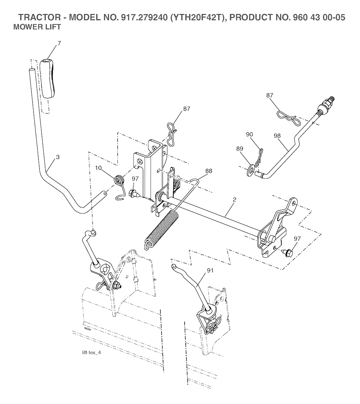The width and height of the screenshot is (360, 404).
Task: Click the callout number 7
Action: pos(59,43)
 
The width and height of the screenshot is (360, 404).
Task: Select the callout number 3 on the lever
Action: pos(58,157)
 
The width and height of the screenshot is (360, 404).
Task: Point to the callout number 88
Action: pos(209,171)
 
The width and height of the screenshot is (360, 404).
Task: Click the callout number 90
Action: pos(250,135)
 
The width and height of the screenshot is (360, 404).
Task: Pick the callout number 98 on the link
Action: pos(277,135)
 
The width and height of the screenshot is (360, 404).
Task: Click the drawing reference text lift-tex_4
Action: pos(91,353)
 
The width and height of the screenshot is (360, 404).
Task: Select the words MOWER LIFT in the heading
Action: pos(37,27)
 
